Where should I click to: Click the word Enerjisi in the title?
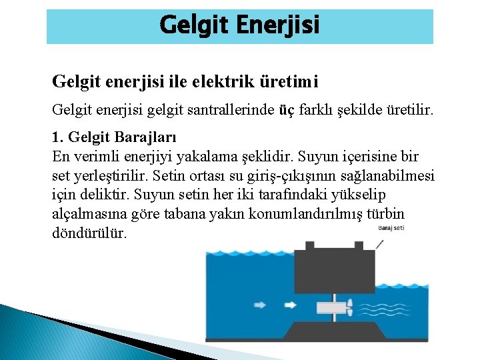point(279,25)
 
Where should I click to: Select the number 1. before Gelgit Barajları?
point(58,138)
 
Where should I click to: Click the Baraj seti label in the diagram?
point(391,228)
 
